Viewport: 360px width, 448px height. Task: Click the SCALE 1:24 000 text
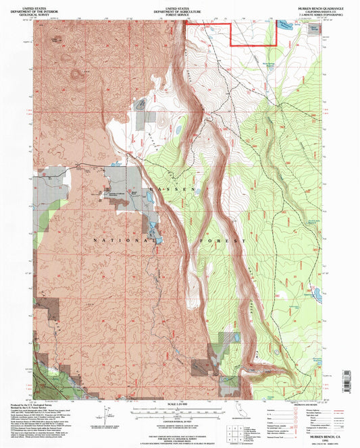pos(179,405)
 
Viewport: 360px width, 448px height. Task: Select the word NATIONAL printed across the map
pos(118,240)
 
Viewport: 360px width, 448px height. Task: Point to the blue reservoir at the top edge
pos(284,25)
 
